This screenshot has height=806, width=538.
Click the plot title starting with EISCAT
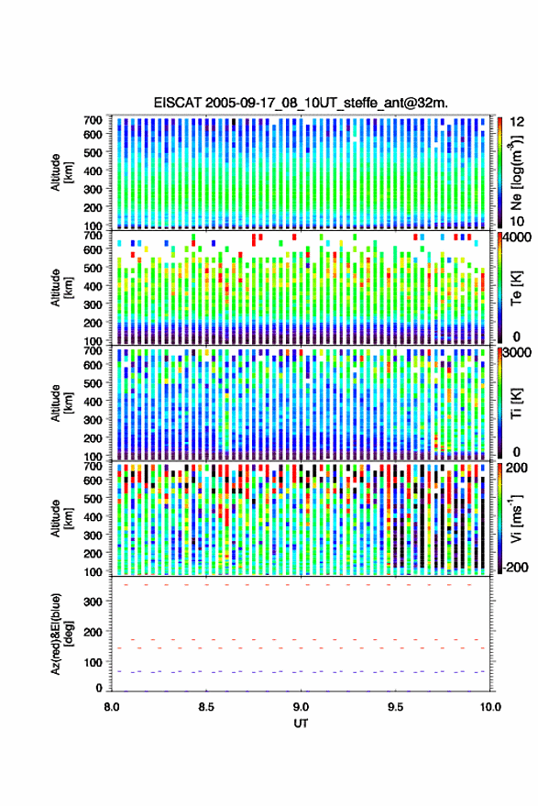tap(301, 103)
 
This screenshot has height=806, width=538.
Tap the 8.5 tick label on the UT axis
tap(206, 707)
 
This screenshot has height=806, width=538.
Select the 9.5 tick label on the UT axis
tap(395, 707)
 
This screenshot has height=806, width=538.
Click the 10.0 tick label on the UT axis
tap(490, 707)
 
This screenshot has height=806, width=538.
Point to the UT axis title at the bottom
tap(301, 723)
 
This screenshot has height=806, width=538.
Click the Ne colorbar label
tap(516, 172)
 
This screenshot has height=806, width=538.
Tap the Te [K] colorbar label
tap(516, 288)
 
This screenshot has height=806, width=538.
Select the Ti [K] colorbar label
tap(516, 403)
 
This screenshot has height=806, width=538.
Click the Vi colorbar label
tap(516, 518)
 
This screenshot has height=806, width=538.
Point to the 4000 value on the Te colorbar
tap(518, 237)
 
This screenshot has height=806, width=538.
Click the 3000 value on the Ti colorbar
tap(518, 353)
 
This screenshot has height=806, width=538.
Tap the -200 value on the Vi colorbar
tap(514, 567)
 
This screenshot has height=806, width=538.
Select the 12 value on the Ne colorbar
tap(517, 122)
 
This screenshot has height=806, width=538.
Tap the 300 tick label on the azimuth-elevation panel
tap(93, 602)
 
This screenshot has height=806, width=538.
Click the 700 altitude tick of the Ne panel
tap(93, 120)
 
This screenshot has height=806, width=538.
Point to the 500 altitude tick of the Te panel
tap(93, 268)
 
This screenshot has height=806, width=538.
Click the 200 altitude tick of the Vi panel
tap(93, 554)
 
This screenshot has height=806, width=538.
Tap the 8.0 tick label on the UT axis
tap(112, 707)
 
